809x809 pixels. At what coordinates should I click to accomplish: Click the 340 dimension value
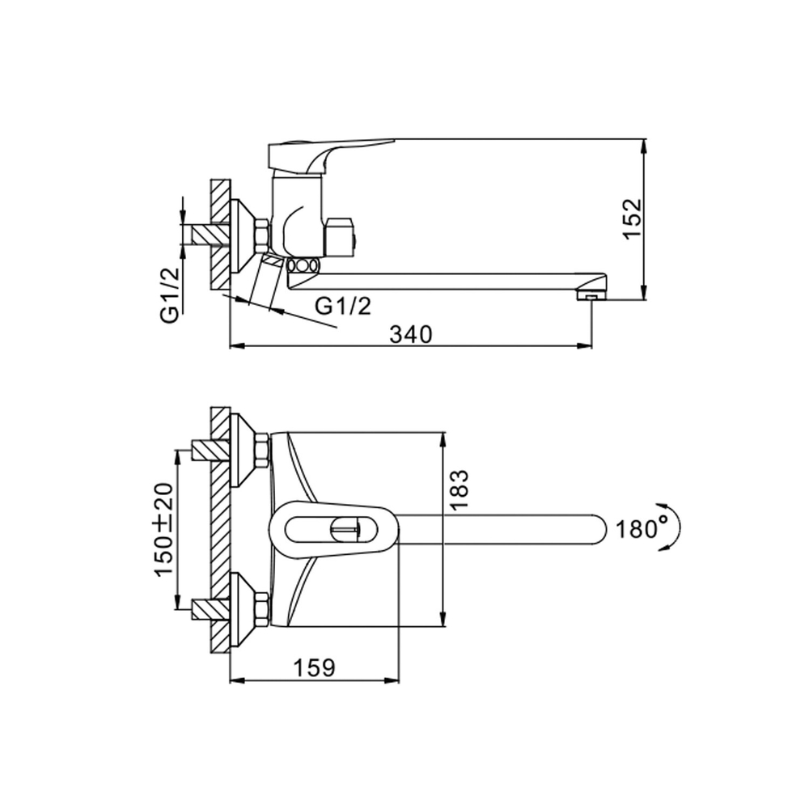tap(411, 334)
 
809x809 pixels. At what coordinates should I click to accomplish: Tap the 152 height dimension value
tap(632, 217)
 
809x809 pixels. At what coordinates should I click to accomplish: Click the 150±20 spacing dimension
tap(164, 529)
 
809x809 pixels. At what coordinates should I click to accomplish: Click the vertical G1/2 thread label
tap(171, 295)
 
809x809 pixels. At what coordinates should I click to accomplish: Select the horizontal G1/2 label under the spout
tap(342, 306)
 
